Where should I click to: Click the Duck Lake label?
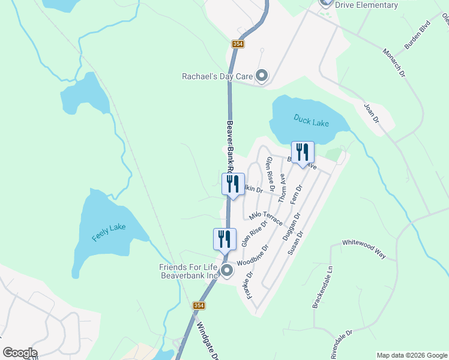pyautogui.click(x=312, y=120)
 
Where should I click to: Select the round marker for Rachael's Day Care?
pyautogui.click(x=262, y=76)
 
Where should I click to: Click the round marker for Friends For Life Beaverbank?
pyautogui.click(x=227, y=271)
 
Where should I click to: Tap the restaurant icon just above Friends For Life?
pyautogui.click(x=221, y=238)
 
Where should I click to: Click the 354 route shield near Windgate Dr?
pyautogui.click(x=199, y=306)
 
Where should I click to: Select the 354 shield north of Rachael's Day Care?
pyautogui.click(x=238, y=44)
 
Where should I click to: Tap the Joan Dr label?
pyautogui.click(x=372, y=113)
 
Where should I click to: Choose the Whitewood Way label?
pyautogui.click(x=364, y=248)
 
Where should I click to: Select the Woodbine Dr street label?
pyautogui.click(x=252, y=255)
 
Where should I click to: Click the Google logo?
pyautogui.click(x=20, y=353)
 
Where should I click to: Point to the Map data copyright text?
pyautogui.click(x=412, y=355)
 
